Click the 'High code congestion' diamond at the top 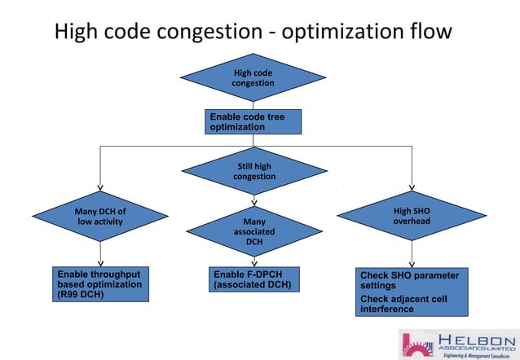coord(253,77)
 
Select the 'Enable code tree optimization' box coord(253,122)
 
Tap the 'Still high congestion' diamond coord(253,171)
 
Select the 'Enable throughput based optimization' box coord(101,284)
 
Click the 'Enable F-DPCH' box coord(252,279)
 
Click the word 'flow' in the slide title coord(429,32)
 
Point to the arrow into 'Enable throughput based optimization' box coord(100,262)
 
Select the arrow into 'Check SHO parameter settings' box coord(412,262)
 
